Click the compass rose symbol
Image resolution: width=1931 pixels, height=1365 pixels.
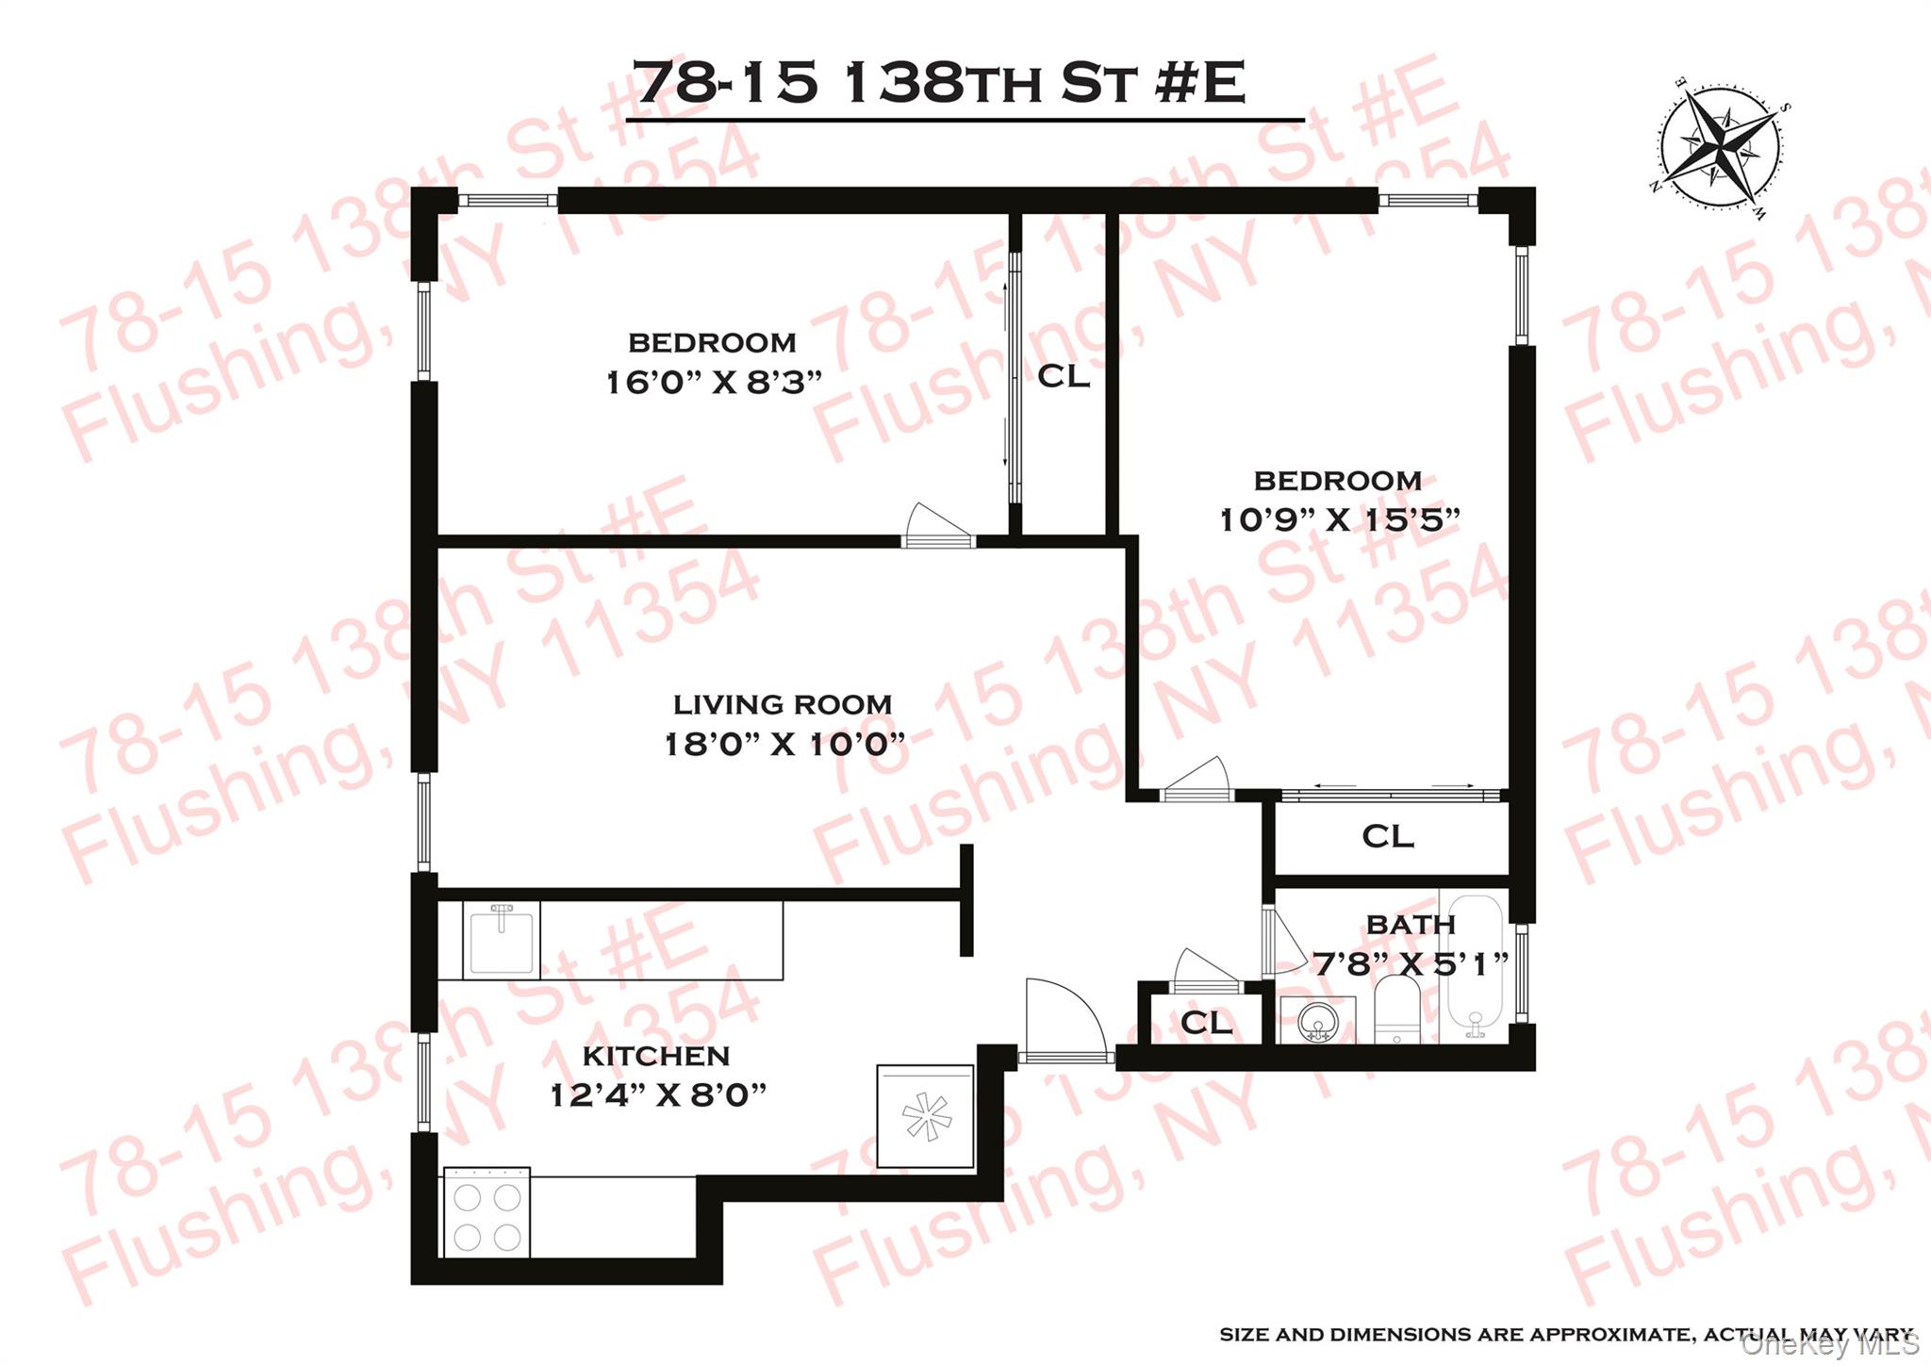tap(1721, 149)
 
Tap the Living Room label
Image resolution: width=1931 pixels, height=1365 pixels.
tap(782, 704)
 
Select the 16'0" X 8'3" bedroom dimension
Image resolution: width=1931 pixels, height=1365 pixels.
tap(713, 383)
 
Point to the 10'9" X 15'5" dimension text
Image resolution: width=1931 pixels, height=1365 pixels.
tap(1339, 519)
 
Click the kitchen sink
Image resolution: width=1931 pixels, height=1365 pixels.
tap(501, 939)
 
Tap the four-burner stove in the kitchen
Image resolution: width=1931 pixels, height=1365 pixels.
tap(487, 1212)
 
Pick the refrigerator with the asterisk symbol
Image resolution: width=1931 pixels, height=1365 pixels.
tap(925, 1116)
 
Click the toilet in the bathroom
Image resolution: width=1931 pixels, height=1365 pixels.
tap(1396, 1009)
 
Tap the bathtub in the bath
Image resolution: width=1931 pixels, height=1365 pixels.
tap(1474, 966)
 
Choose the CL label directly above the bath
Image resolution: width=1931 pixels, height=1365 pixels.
tap(1387, 836)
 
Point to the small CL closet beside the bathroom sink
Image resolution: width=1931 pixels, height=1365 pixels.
tap(1205, 1023)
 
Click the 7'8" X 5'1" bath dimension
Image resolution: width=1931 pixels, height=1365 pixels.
tap(1411, 963)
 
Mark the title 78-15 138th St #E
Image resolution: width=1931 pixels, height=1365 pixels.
tap(939, 82)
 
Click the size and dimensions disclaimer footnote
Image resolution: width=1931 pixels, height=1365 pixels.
tap(1566, 1335)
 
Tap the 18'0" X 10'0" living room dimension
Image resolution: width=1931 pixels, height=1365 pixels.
tap(784, 745)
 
